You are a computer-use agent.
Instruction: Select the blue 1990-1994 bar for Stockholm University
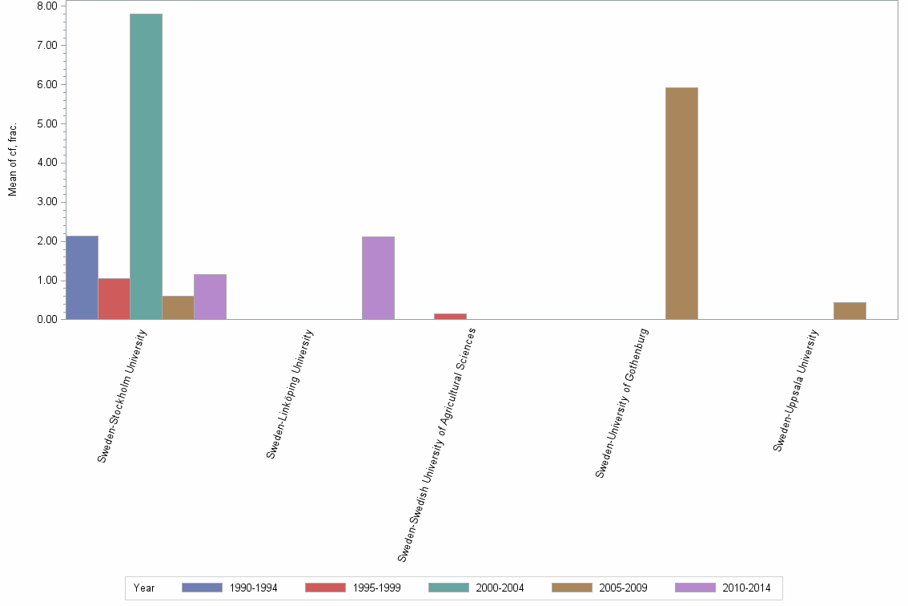82,277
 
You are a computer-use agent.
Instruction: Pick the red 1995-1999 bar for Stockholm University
114,299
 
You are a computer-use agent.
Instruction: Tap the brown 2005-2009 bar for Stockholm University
178,308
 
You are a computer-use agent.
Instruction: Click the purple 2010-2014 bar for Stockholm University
210,297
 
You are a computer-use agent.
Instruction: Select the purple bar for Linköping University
378,277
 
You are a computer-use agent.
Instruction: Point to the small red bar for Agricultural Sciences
450,317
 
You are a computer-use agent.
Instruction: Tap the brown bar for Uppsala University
850,311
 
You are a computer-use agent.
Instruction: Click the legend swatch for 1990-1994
202,588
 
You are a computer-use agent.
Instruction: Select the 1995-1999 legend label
376,588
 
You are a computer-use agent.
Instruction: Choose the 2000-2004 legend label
500,588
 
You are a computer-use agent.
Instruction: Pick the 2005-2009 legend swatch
572,588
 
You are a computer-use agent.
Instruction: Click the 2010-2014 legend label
746,588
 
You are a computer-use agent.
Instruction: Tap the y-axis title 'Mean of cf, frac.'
13,160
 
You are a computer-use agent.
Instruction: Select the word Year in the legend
144,588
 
